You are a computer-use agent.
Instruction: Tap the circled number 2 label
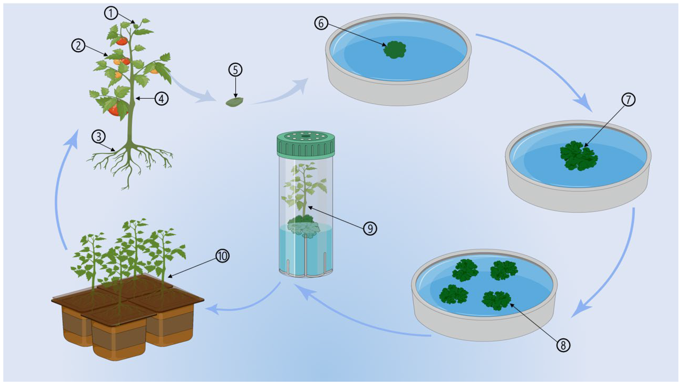click(x=78, y=46)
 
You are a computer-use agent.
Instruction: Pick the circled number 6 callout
click(x=321, y=23)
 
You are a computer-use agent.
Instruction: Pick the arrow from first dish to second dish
click(x=542, y=69)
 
